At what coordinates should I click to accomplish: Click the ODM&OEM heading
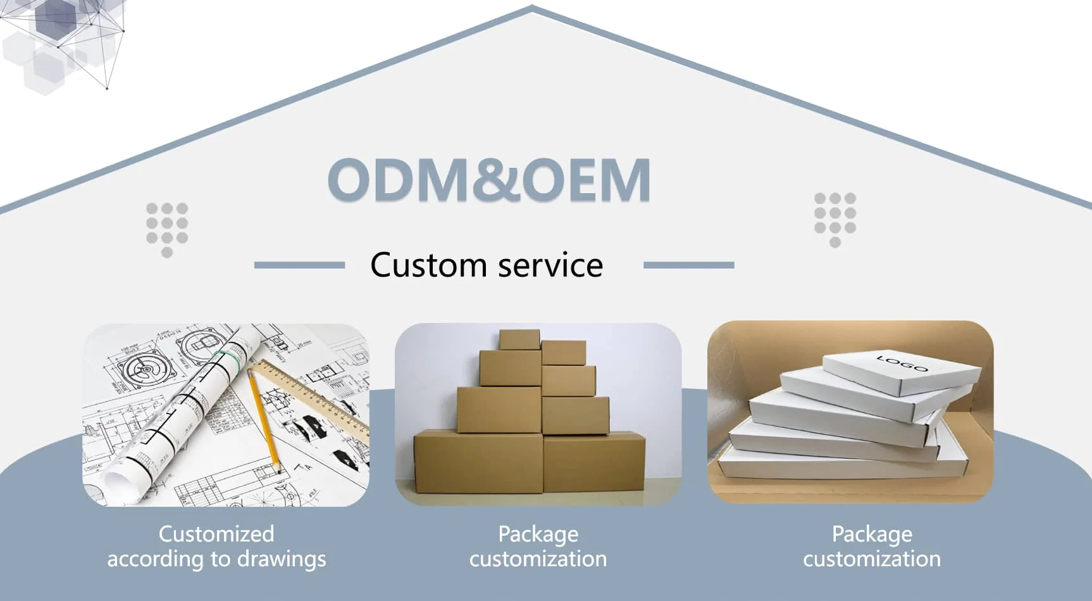488,180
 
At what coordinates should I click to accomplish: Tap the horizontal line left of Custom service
299,265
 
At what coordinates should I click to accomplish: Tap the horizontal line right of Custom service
688,265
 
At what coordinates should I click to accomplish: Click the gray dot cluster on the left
167,228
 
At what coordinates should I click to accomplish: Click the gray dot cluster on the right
835,218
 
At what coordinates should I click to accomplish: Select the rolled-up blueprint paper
183,405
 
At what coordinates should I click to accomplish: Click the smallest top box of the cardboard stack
519,339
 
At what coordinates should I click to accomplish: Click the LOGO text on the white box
902,363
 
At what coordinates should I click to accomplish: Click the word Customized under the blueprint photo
216,534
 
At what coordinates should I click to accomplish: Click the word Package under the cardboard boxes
538,534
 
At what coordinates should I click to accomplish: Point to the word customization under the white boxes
872,559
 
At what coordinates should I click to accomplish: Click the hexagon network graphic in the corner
60,41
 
